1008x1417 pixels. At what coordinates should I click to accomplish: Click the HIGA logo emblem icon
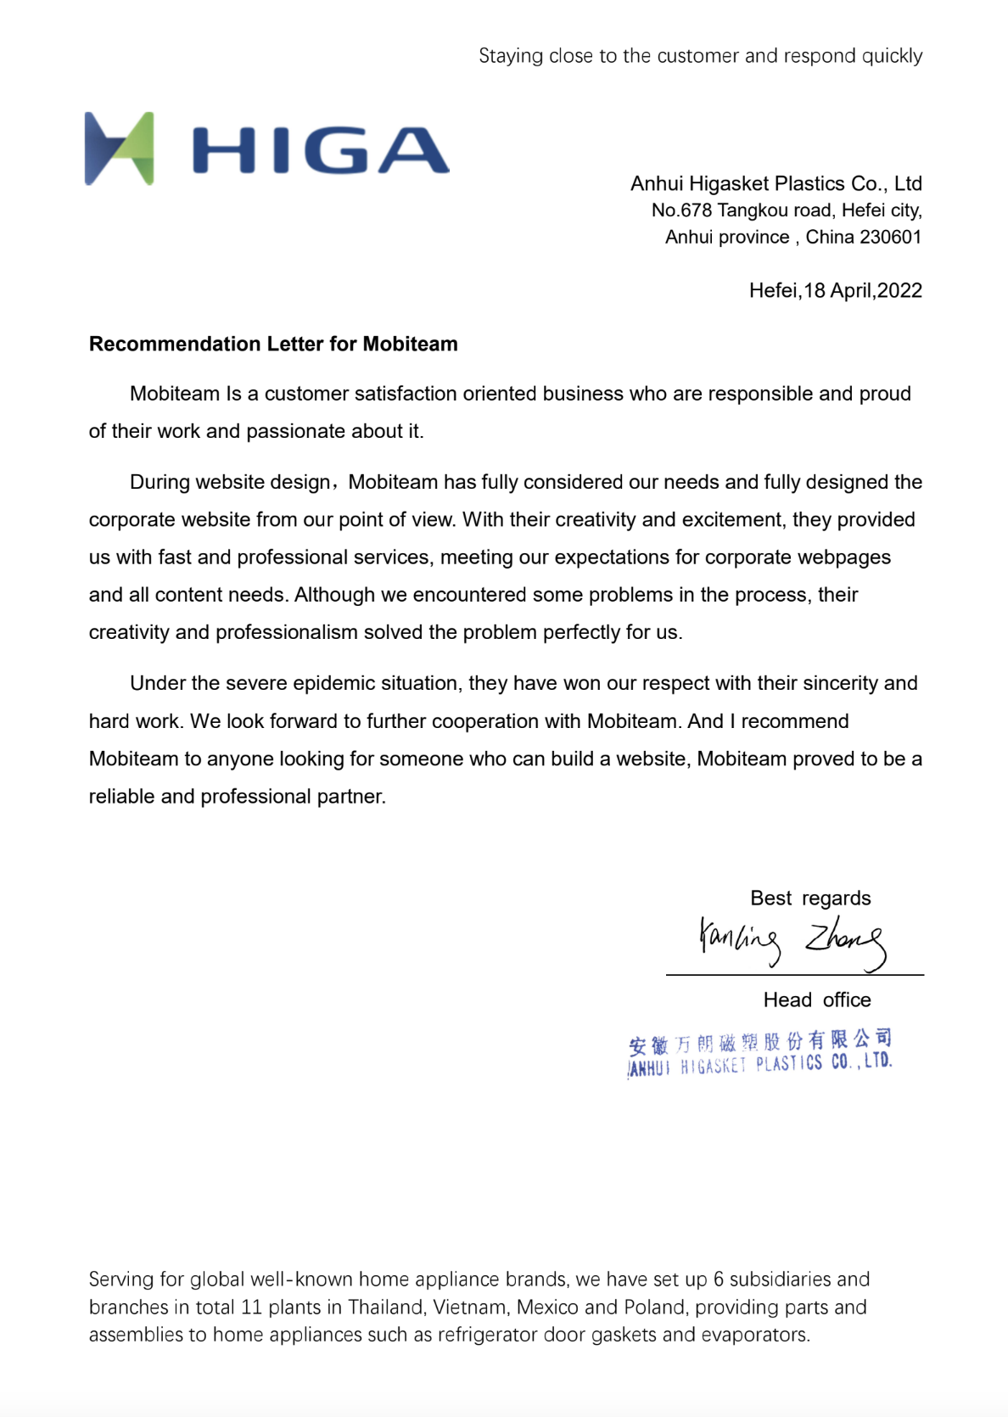pyautogui.click(x=120, y=148)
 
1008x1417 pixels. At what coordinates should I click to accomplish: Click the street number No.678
pyautogui.click(x=681, y=210)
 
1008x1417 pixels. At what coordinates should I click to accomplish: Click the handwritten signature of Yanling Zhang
pyautogui.click(x=791, y=942)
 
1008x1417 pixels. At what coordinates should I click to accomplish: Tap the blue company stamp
pyautogui.click(x=760, y=1053)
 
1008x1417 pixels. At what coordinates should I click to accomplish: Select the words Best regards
pyautogui.click(x=810, y=899)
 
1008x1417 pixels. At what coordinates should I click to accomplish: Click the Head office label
pyautogui.click(x=816, y=1000)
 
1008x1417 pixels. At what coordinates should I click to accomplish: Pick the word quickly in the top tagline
pyautogui.click(x=892, y=57)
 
